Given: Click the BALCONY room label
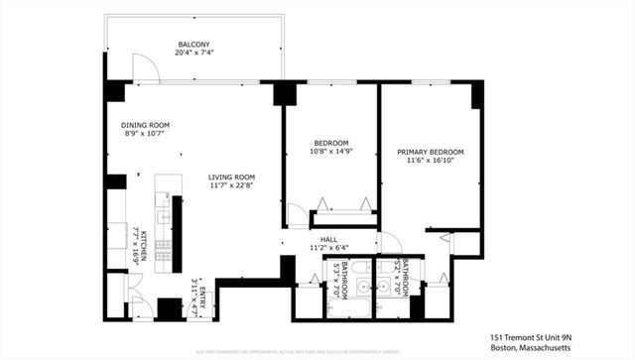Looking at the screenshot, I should tap(192, 45).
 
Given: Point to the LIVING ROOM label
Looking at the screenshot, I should tap(232, 177).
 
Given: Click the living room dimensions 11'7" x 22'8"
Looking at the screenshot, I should tap(232, 185).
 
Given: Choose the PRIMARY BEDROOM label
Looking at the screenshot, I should tap(431, 152).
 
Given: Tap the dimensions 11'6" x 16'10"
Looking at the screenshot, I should tap(431, 161).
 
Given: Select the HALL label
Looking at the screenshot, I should tap(329, 238).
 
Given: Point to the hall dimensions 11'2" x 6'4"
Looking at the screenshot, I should tap(329, 247).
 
